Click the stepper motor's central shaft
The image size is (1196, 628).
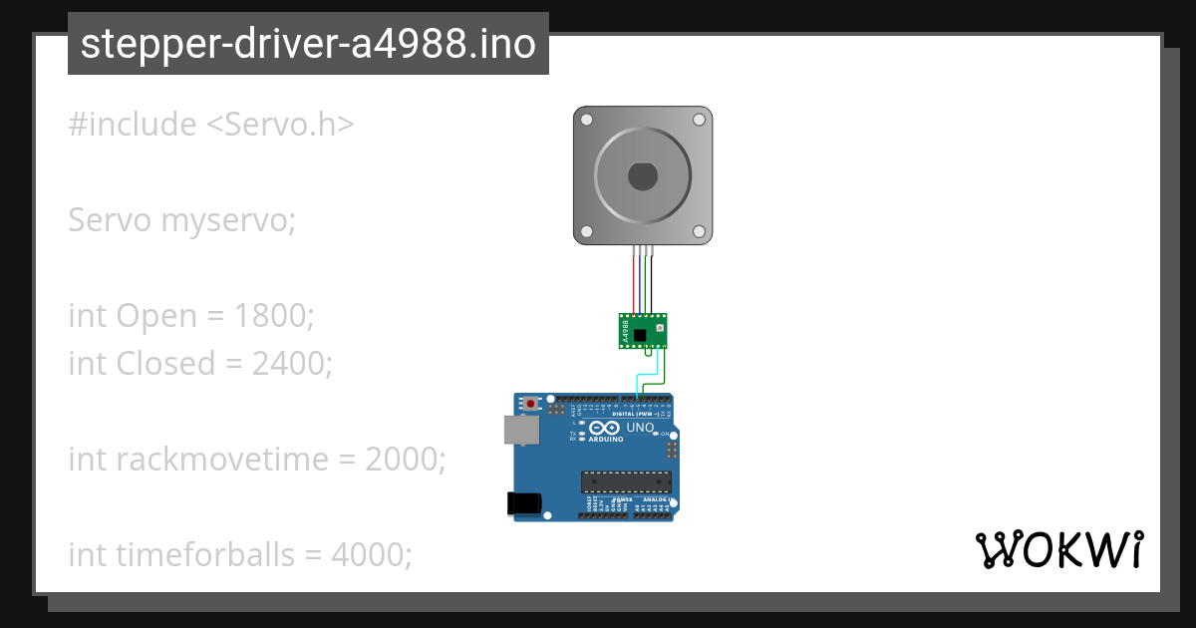coord(642,176)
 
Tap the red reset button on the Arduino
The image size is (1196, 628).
coord(531,404)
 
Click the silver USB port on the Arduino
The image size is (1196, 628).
coord(519,430)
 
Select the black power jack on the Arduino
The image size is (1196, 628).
coord(524,503)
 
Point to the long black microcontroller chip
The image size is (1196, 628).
coord(626,482)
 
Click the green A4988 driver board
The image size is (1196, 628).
coord(643,331)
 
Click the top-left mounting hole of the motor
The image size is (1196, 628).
coord(587,120)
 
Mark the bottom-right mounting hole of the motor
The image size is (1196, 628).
coord(699,231)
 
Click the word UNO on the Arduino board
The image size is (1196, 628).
coord(640,428)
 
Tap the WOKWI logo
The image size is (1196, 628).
coord(1058,550)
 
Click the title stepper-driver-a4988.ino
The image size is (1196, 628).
coord(308,44)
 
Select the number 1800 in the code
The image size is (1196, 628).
coord(273,316)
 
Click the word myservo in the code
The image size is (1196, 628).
coord(228,220)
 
